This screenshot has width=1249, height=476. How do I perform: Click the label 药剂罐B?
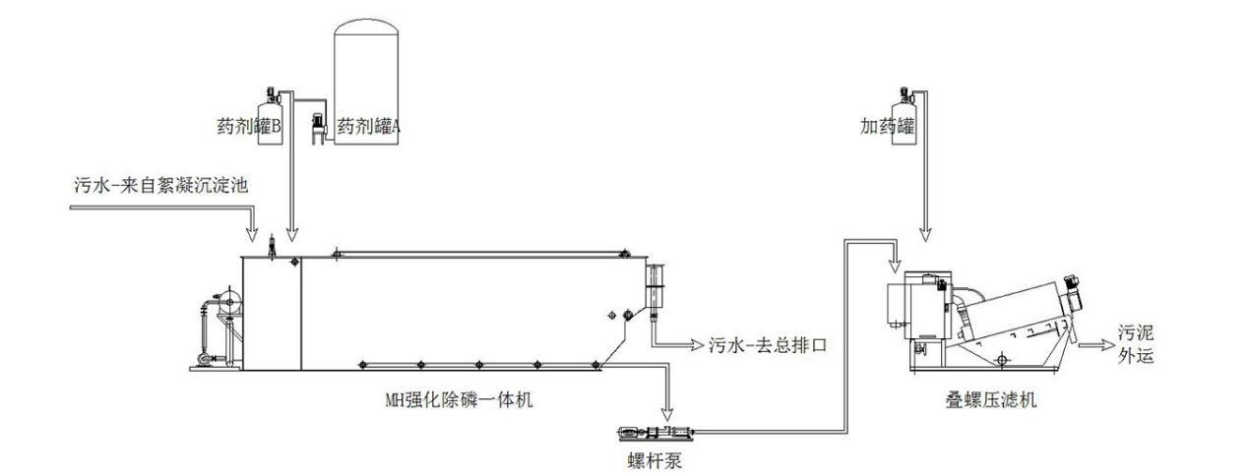(x=249, y=127)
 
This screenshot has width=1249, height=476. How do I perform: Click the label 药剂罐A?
(x=369, y=127)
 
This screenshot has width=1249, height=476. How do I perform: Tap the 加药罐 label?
(x=888, y=126)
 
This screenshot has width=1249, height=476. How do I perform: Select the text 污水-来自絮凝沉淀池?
(x=161, y=185)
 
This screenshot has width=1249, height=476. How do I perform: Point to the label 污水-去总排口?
(x=768, y=345)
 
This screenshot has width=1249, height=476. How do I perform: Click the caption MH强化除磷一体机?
(x=460, y=399)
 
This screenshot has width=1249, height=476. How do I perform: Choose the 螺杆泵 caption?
(x=655, y=460)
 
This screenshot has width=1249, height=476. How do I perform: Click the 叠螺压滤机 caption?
(x=991, y=399)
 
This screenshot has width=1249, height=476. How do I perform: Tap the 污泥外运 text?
(x=1135, y=344)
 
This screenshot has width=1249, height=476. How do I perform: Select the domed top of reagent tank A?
(x=366, y=28)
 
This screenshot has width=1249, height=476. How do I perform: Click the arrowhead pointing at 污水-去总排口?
(x=697, y=345)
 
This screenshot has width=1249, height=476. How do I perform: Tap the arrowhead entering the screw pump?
(x=667, y=414)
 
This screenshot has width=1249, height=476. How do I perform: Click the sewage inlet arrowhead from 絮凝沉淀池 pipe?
(x=252, y=234)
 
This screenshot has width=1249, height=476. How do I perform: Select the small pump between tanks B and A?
(x=318, y=128)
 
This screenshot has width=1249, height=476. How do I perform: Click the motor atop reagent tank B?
(x=272, y=94)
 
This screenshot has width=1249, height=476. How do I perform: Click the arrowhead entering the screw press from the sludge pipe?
(x=896, y=266)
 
